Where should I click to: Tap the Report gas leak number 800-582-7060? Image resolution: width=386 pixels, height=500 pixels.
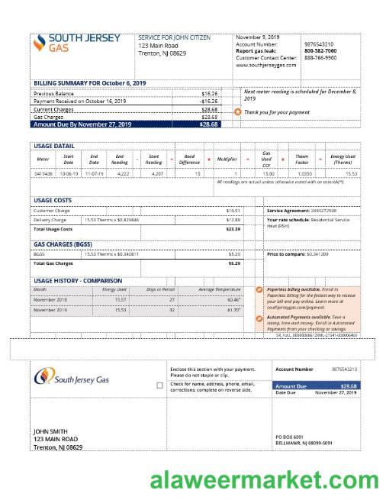pos(320,51)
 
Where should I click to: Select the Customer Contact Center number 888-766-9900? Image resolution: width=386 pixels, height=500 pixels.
pos(320,58)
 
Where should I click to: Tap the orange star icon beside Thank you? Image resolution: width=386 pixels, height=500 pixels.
pos(237,112)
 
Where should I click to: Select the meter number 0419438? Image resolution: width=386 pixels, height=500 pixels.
pos(43,173)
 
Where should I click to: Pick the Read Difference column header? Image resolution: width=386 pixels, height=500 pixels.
pos(190,160)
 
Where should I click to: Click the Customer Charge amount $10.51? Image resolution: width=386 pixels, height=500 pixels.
pos(233,210)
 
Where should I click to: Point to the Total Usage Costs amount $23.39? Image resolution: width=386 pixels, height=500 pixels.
pos(233,229)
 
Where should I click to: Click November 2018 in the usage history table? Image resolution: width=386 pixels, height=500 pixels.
pos(50,300)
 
